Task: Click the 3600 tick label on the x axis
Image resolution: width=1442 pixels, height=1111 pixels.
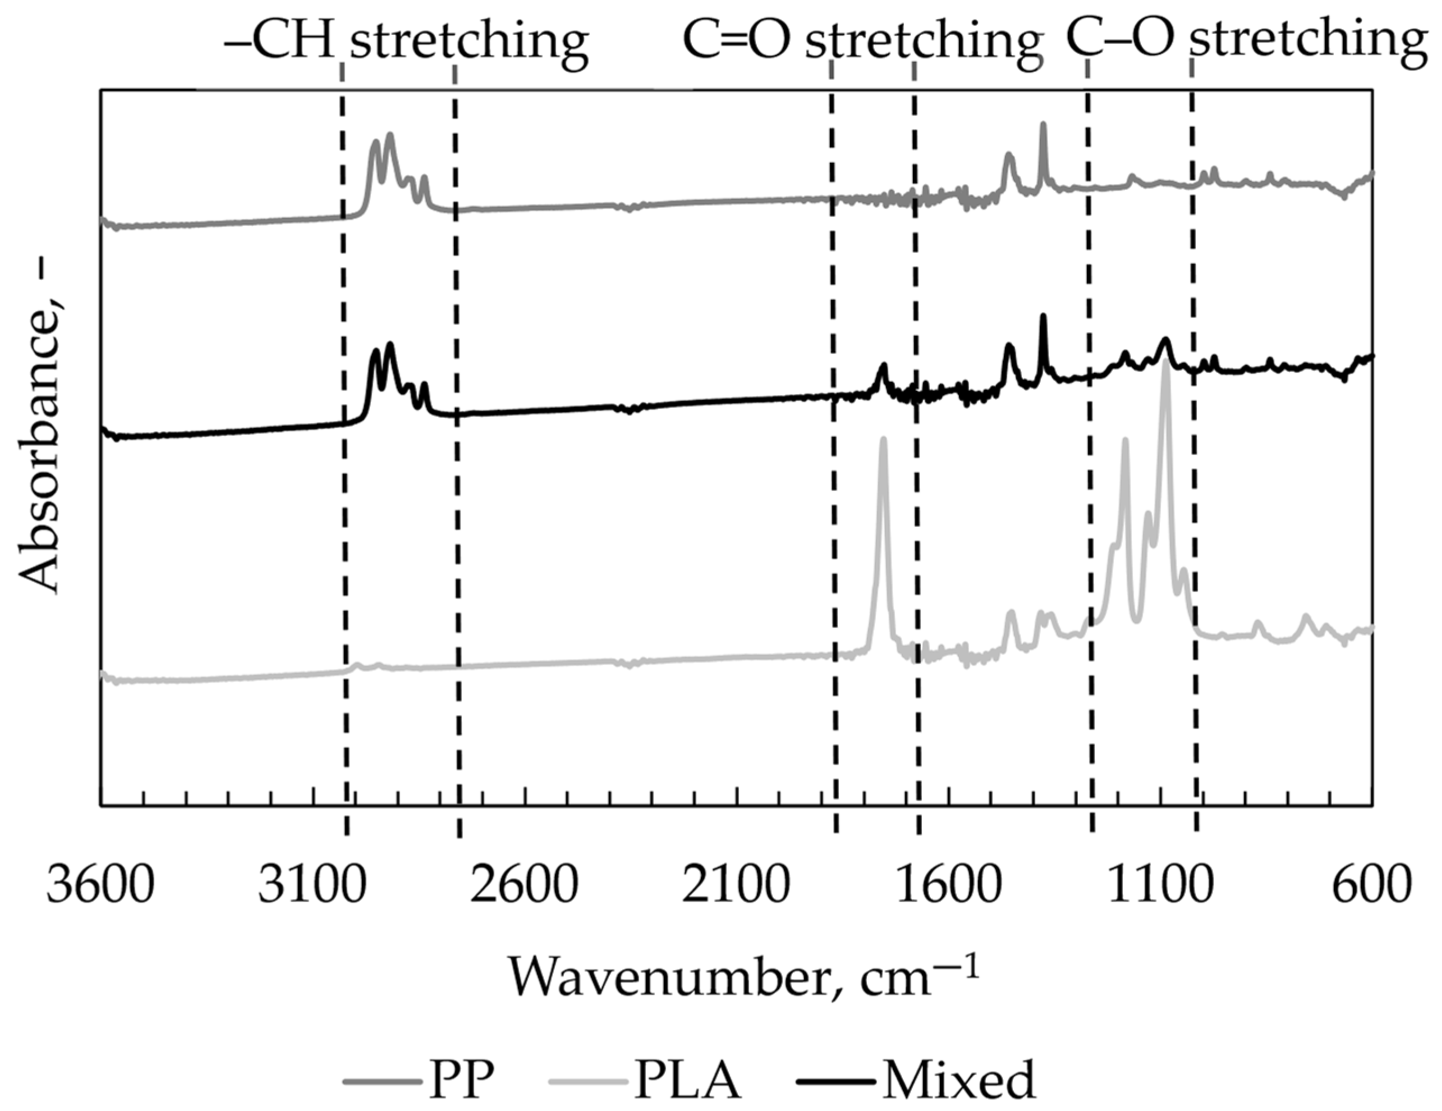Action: (100, 886)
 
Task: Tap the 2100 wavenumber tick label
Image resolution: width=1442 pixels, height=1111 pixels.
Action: (736, 886)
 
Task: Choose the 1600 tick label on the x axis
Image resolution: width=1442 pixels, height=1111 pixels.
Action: (948, 886)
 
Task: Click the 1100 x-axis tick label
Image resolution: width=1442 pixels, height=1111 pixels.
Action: (1160, 886)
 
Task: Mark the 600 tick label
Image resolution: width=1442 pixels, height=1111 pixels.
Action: (1372, 886)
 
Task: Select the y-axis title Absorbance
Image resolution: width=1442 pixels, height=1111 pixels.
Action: (40, 456)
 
